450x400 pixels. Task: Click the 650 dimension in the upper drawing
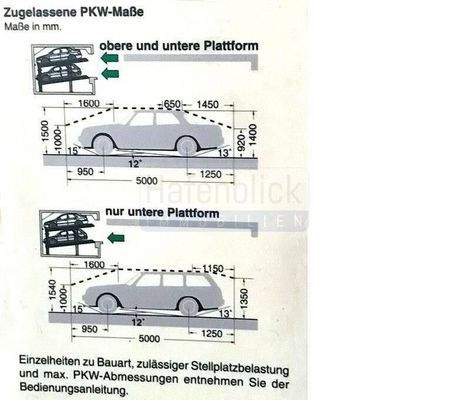[173, 104]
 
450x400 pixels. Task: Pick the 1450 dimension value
[209, 104]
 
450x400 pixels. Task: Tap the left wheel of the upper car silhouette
[102, 145]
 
